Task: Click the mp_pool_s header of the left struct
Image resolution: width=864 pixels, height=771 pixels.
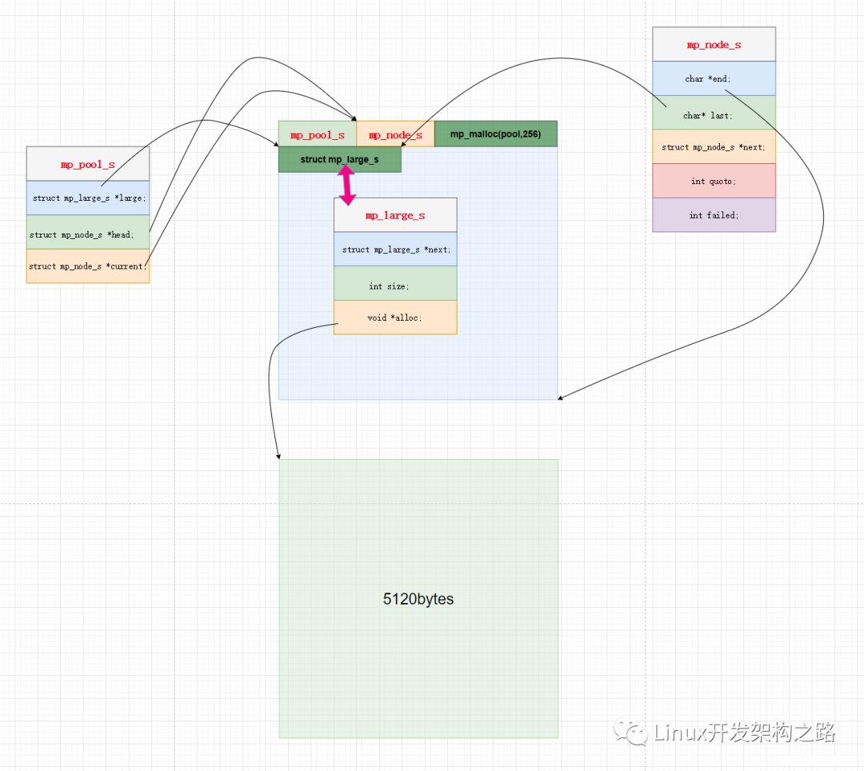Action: [88, 164]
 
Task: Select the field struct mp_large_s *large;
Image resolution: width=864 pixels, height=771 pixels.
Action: [88, 198]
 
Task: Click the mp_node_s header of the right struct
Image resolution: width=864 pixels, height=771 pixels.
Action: [714, 45]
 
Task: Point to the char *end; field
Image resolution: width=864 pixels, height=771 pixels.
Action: [714, 78]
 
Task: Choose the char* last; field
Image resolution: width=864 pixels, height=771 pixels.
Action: [714, 115]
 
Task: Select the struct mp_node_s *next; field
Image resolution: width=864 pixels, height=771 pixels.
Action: [714, 147]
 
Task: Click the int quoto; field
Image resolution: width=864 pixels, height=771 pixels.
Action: [714, 182]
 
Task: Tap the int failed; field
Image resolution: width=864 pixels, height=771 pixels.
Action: [714, 215]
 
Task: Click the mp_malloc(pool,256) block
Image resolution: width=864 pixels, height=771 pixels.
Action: [495, 134]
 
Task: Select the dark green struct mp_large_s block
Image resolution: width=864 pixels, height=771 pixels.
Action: [339, 160]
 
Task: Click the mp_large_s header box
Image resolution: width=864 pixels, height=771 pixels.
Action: [395, 215]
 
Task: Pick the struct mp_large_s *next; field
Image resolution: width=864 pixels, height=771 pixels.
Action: [395, 250]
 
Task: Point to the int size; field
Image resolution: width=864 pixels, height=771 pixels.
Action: [395, 286]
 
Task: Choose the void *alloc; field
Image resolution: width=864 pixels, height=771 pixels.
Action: [395, 318]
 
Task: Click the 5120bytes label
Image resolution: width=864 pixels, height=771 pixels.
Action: [418, 599]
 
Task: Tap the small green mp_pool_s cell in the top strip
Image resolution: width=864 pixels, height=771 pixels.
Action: [317, 135]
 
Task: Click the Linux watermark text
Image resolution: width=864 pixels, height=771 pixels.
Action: [744, 732]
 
